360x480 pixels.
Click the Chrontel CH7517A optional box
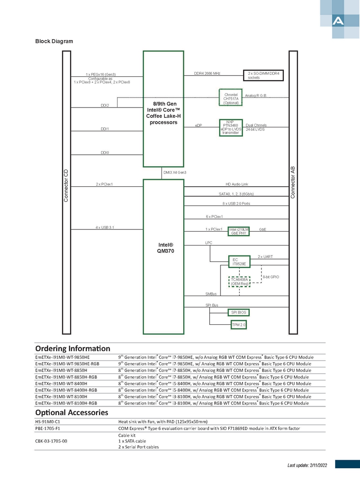click(230, 97)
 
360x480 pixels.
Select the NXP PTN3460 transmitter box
click(231, 127)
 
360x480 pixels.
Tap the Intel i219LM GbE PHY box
click(239, 231)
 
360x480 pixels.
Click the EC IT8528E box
click(239, 262)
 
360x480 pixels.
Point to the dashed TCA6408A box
click(239, 282)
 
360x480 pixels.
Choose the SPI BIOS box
click(238, 313)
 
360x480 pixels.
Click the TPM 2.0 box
click(239, 325)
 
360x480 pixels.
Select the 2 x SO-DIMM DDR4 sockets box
click(263, 75)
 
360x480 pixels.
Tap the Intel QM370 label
click(166, 248)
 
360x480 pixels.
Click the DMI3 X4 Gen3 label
click(175, 172)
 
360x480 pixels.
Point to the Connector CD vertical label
click(66, 185)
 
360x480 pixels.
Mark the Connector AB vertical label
click(292, 183)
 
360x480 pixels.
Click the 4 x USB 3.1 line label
click(105, 228)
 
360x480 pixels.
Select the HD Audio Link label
click(237, 184)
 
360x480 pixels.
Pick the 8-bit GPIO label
click(271, 277)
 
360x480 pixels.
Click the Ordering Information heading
click(72, 349)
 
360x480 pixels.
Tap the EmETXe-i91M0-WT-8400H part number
click(61, 384)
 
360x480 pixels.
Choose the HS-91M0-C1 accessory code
click(48, 422)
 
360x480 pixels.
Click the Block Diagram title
click(54, 41)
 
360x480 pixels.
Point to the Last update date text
click(307, 465)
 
